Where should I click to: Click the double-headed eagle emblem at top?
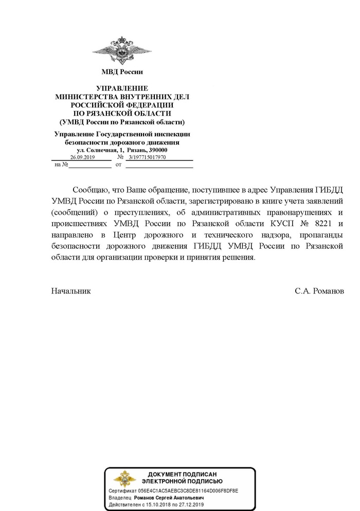(122, 50)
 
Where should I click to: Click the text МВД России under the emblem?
(122, 72)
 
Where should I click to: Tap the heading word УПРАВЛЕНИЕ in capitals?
(122, 88)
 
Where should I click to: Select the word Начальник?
(71, 290)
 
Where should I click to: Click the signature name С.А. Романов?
(319, 290)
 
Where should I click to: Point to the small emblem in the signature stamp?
(125, 481)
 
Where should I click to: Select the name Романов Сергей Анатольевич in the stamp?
(169, 499)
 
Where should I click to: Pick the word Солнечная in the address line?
(100, 150)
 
